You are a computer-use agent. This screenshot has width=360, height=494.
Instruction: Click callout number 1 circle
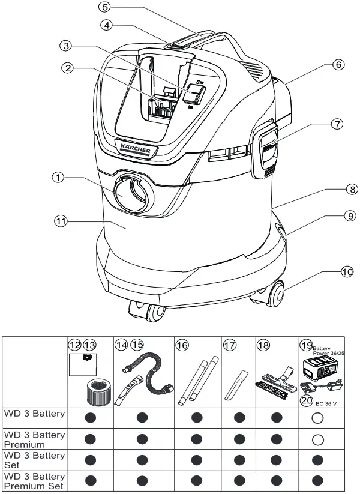tap(58, 178)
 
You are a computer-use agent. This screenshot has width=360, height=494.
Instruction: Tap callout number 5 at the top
tap(105, 8)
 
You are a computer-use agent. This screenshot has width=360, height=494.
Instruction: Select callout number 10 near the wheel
tap(347, 272)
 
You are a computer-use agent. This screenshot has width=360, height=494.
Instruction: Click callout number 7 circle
tap(338, 124)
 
